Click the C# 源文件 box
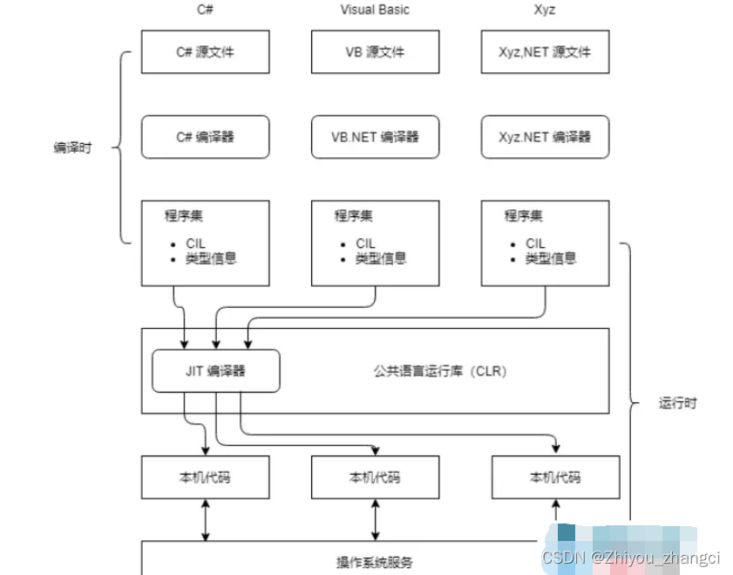(205, 52)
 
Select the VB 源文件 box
(375, 52)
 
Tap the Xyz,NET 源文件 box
(545, 52)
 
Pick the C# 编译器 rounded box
(205, 137)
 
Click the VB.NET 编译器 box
(375, 137)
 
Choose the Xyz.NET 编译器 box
(545, 137)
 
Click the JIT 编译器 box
(215, 371)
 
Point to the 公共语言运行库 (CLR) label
(440, 371)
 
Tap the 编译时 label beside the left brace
(71, 147)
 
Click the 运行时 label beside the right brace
(677, 403)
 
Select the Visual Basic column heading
(375, 10)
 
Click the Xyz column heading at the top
(545, 10)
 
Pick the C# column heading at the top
(205, 10)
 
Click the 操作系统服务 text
(374, 562)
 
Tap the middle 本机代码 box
(375, 477)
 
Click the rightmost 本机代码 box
(555, 477)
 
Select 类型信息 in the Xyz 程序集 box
(551, 258)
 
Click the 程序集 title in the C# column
(184, 216)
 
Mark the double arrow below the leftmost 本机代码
(205, 520)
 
